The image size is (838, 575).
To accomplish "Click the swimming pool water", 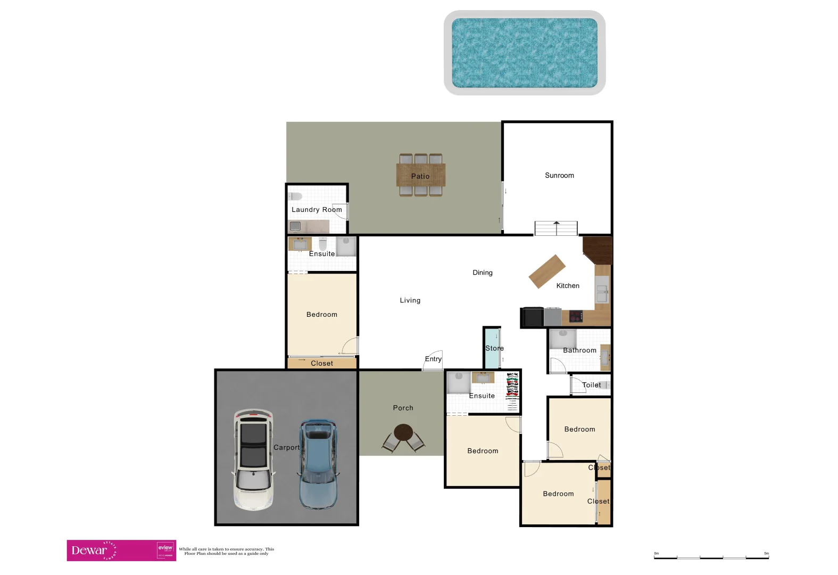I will [x=524, y=53].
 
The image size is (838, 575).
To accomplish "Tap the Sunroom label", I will [x=559, y=175].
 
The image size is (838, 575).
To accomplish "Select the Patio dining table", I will [x=420, y=175].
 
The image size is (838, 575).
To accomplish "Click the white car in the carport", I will [x=253, y=459].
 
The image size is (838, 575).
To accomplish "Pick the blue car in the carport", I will [x=318, y=463].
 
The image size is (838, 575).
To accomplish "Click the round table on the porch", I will [x=403, y=432].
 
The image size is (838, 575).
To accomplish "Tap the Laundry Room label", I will [x=317, y=210].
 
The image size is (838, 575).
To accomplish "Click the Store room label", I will [x=494, y=348].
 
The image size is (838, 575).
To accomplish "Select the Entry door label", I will [x=433, y=359].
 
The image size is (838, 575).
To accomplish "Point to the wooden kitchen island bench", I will [x=546, y=272].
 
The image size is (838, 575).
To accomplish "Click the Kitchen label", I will [x=568, y=286].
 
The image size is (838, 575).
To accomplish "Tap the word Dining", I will [x=483, y=273].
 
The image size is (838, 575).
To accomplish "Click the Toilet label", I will [x=591, y=385].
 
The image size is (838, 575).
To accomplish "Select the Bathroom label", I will [x=579, y=350].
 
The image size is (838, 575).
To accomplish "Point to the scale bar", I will [x=711, y=557].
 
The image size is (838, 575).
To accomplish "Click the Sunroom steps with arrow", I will [x=556, y=228].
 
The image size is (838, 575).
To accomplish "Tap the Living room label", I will [x=410, y=300].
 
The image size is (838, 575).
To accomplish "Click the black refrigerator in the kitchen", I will [x=532, y=317].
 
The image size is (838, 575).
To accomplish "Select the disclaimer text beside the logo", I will [x=226, y=551].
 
